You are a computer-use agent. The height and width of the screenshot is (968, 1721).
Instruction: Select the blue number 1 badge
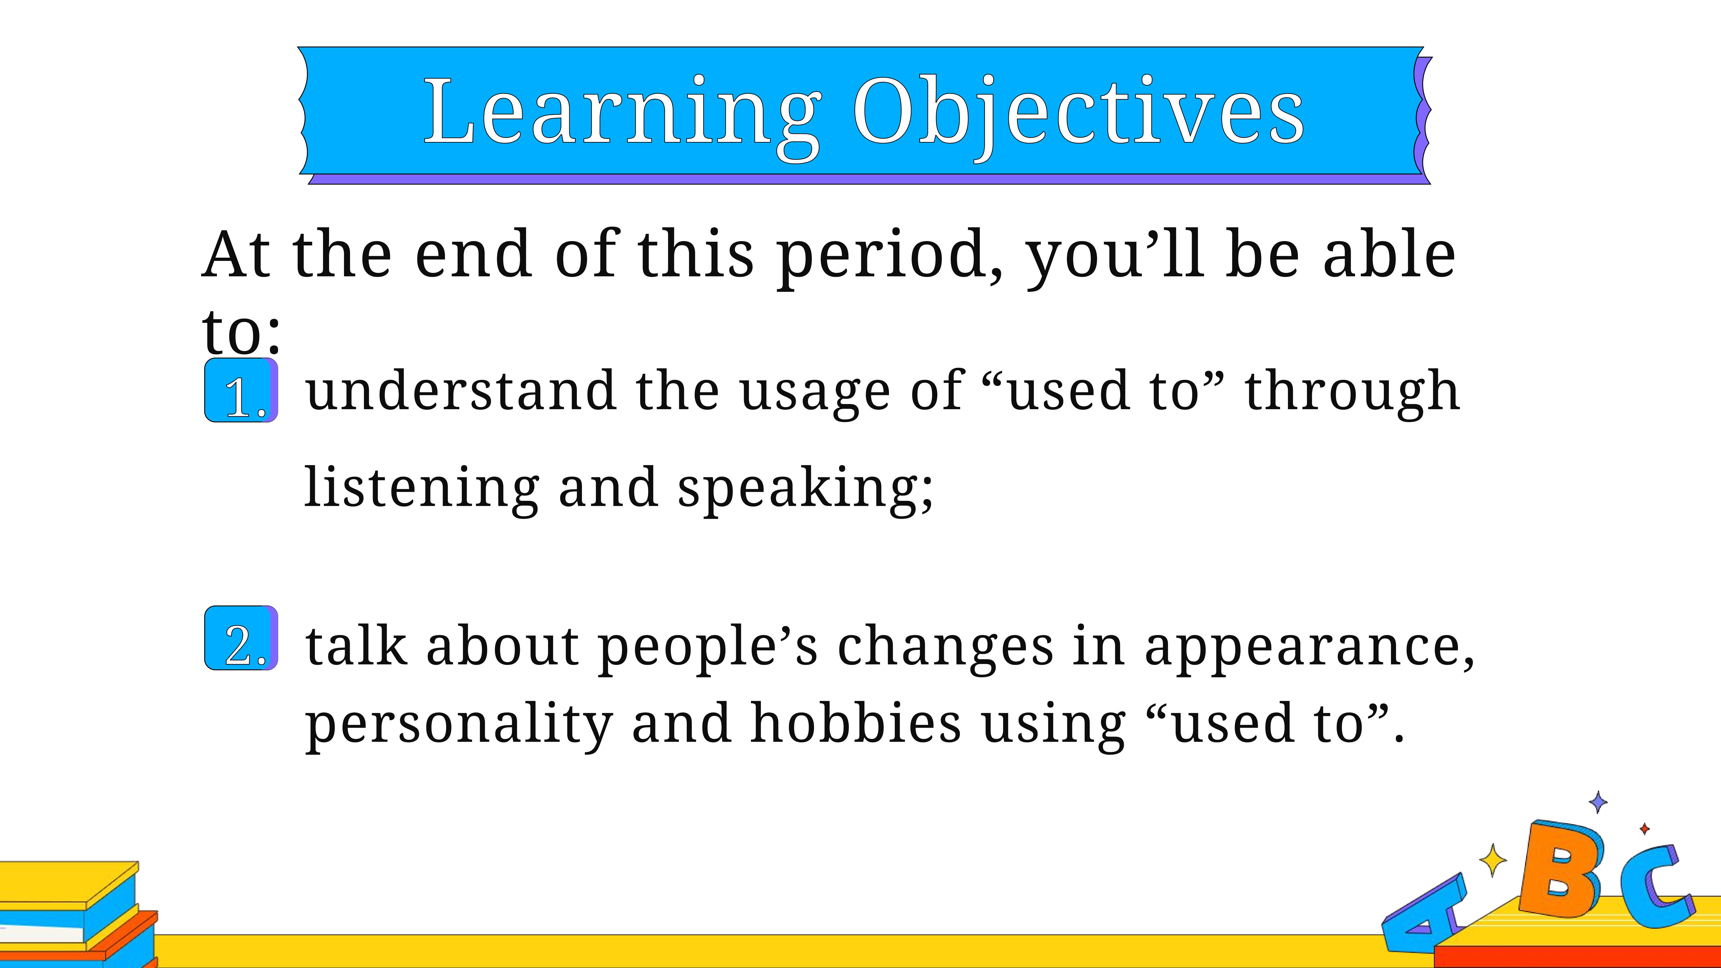coord(241,390)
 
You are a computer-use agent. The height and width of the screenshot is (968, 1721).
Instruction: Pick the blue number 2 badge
coord(241,638)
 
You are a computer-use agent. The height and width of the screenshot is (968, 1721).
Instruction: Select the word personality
coord(459,726)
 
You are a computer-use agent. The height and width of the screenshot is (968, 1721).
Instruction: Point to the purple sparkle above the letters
coord(1598,802)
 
